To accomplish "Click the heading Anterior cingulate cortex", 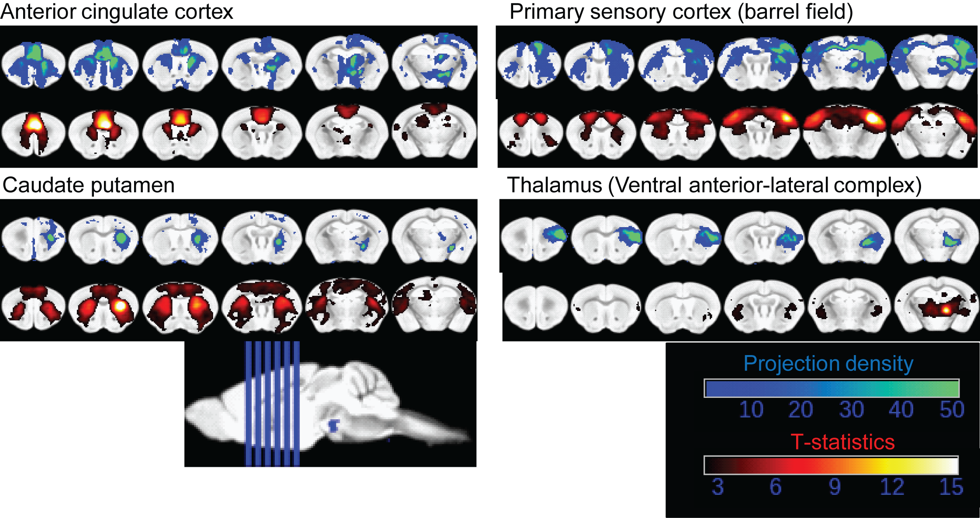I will (x=117, y=12).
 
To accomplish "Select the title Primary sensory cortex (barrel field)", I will (x=681, y=12).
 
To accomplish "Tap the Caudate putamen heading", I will (x=89, y=185).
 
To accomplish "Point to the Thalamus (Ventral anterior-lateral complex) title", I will (x=714, y=185).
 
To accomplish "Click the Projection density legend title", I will (x=828, y=363).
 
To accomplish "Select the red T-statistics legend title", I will (x=842, y=442).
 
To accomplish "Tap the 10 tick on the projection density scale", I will (x=751, y=410).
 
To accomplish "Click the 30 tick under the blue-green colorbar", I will (x=851, y=410).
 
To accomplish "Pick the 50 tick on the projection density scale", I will (x=952, y=410).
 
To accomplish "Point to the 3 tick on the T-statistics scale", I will (x=718, y=487).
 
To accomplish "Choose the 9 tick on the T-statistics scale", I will (x=835, y=487).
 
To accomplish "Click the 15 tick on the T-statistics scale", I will (x=951, y=487).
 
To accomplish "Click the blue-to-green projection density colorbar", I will (x=832, y=388).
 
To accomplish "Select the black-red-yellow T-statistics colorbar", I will (x=831, y=465).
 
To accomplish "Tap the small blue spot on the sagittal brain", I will (x=334, y=425).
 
